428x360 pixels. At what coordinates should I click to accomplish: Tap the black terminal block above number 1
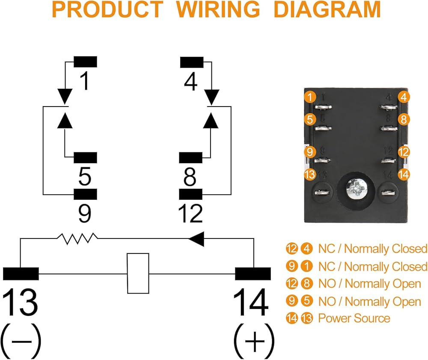[85, 62]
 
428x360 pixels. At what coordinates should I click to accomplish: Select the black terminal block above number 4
[191, 62]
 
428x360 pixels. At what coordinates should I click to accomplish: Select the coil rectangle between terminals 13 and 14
[138, 273]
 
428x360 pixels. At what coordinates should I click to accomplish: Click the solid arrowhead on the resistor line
[196, 239]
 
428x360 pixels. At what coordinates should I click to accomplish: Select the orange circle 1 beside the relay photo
[310, 97]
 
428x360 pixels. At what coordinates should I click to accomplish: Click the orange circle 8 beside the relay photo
[403, 119]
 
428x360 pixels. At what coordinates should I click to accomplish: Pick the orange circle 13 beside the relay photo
[309, 174]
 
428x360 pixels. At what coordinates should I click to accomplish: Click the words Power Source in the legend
[354, 318]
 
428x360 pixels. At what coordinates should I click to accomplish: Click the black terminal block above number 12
[190, 194]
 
